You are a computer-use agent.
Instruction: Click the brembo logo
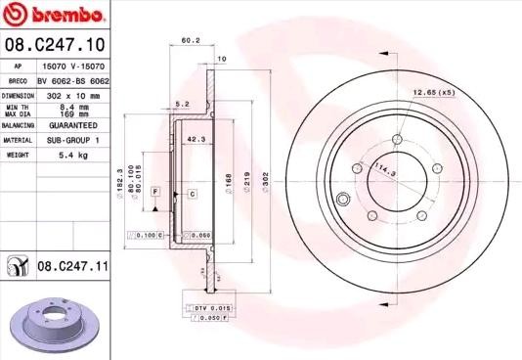point(54,14)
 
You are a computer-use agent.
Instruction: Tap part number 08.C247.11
point(71,264)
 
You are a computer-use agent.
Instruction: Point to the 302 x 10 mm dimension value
point(74,97)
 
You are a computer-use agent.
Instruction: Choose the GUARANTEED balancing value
point(74,126)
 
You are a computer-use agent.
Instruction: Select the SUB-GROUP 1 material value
point(74,140)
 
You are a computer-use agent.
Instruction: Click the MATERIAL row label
point(20,140)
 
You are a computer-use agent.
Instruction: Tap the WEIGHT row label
point(17,155)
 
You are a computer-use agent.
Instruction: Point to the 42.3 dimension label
point(195,139)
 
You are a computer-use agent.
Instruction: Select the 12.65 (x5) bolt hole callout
point(434,92)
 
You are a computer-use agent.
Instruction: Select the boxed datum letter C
point(193,195)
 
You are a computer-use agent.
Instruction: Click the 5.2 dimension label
point(182,102)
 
